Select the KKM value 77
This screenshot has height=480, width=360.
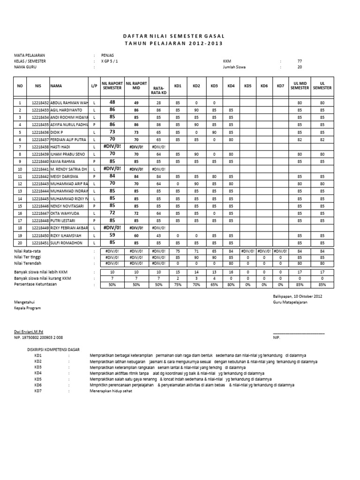coord(300,61)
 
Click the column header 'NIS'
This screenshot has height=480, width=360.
coord(38,86)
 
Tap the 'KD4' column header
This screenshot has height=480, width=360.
coord(231,86)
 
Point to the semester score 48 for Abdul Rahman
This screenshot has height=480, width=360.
coord(112,102)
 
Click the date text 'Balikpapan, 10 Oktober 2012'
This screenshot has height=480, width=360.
coord(298,297)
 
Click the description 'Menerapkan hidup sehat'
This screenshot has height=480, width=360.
coord(109,391)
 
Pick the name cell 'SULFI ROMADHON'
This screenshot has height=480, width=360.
coord(67,243)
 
